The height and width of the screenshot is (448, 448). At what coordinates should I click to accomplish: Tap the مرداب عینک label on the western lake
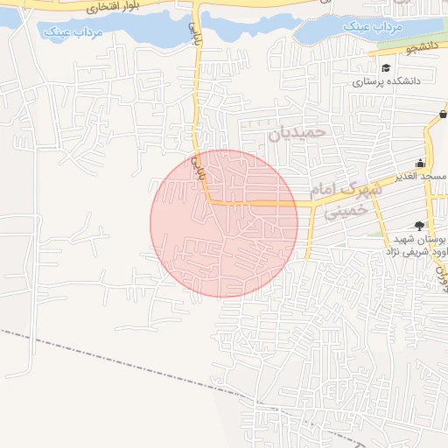point(71,32)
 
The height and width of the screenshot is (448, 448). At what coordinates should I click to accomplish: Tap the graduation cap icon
point(386,67)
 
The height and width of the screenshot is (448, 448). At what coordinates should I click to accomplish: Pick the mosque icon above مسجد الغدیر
point(421,163)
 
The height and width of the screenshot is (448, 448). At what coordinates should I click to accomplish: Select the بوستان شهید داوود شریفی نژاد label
point(416,245)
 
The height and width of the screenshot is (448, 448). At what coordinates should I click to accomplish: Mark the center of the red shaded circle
point(224,223)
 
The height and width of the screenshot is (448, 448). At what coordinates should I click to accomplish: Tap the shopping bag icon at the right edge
point(443,115)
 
